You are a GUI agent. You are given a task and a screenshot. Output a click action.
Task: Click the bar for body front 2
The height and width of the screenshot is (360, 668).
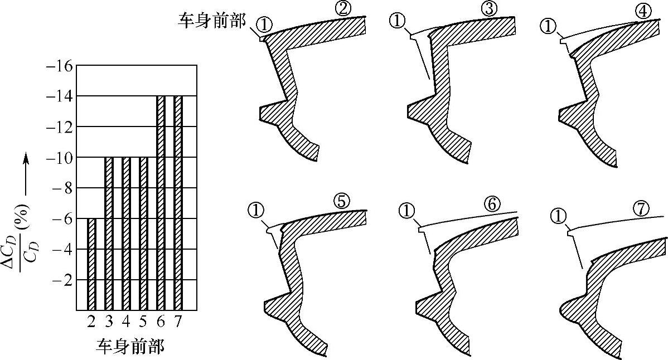(92, 264)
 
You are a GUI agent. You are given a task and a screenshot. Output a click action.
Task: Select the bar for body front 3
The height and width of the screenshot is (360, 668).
(109, 233)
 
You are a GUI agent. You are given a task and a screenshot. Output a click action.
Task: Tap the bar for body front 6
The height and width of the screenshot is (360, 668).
(161, 202)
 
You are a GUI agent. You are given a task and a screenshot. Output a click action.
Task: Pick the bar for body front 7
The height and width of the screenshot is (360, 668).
(178, 202)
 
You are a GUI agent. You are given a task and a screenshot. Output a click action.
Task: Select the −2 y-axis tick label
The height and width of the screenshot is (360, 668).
(61, 280)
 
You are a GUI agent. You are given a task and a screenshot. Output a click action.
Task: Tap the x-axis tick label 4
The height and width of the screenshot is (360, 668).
(126, 322)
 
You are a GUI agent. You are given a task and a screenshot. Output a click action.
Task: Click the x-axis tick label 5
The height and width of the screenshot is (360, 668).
(143, 322)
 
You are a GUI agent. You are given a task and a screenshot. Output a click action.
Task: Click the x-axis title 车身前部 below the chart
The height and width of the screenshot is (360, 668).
(130, 347)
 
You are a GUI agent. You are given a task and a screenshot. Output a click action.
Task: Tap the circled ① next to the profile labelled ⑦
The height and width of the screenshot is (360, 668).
(558, 215)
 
